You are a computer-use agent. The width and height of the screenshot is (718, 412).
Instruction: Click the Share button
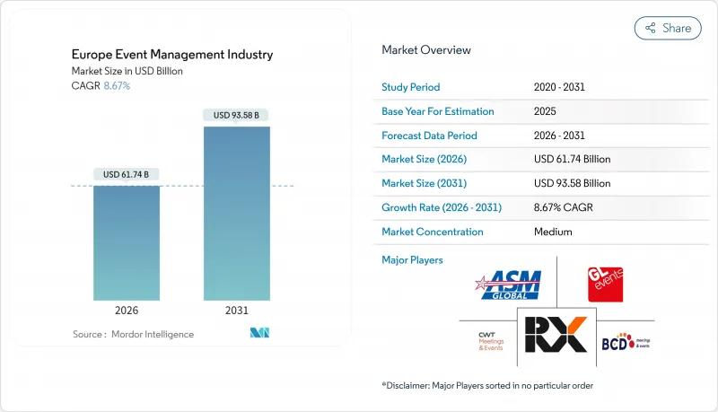click(x=668, y=28)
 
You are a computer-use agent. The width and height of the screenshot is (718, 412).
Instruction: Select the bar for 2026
click(x=127, y=242)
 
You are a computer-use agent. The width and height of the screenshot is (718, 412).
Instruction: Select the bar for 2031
click(x=236, y=213)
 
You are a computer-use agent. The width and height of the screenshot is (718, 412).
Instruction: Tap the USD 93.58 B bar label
click(x=236, y=115)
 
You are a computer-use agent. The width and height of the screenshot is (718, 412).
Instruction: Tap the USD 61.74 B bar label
click(x=127, y=174)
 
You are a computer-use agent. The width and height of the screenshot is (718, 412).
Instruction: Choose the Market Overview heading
click(x=426, y=50)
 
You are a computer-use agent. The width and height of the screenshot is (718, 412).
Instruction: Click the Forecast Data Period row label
click(x=430, y=136)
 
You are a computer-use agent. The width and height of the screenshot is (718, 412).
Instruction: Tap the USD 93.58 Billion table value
click(x=572, y=183)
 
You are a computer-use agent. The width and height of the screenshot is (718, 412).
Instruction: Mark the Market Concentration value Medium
click(x=554, y=232)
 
